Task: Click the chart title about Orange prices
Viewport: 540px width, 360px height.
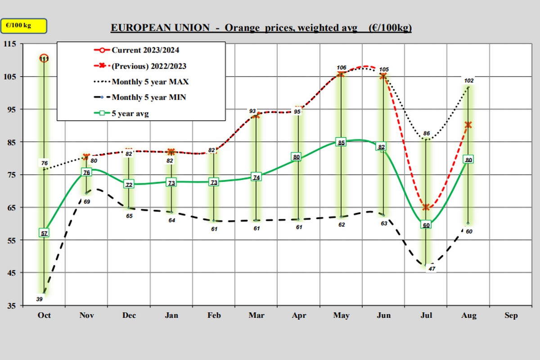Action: (x=261, y=28)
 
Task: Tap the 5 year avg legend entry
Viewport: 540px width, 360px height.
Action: (x=130, y=114)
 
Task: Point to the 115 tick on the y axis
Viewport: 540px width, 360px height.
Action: (x=9, y=44)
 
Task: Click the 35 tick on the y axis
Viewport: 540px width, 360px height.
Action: (x=10, y=306)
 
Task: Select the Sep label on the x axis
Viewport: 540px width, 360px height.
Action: (x=511, y=315)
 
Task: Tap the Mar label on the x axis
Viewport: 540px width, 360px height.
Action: (x=256, y=315)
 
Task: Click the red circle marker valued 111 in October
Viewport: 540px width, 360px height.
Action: (x=44, y=58)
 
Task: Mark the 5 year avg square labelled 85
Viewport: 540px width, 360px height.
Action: (x=341, y=143)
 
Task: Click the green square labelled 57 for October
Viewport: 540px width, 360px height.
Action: (x=44, y=233)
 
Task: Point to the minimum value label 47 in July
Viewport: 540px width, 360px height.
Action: (x=431, y=269)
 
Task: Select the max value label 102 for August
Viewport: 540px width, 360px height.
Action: (x=469, y=81)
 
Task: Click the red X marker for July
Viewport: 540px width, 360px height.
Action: (x=426, y=207)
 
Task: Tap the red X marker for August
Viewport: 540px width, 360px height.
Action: (x=468, y=125)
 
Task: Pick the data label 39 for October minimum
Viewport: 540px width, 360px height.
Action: (x=40, y=299)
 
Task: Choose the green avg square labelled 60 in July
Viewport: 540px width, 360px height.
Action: (x=426, y=225)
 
